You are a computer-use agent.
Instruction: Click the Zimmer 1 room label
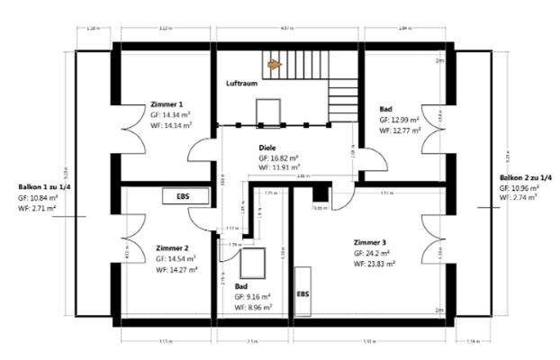pos(169,104)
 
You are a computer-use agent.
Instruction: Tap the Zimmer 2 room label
pos(171,247)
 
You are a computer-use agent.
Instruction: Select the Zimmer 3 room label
pos(370,242)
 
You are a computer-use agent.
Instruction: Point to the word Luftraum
pos(242,83)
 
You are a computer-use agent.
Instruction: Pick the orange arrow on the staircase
pos(275,65)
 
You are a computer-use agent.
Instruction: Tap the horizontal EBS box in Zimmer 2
pos(183,195)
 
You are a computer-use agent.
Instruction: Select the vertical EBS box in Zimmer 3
pos(303,292)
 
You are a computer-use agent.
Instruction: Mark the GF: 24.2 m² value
pos(375,254)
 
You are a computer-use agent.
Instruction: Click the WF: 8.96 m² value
pos(254,306)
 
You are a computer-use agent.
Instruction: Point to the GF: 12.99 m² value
pos(401,119)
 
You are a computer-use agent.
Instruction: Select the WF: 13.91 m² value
pos(279,166)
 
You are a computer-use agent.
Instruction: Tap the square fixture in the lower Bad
pos(252,262)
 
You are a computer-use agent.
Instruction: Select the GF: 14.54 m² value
pos(176,258)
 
